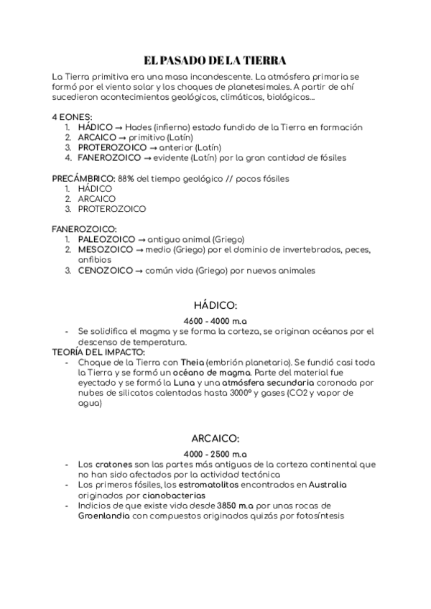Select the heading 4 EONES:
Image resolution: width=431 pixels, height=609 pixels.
point(72,117)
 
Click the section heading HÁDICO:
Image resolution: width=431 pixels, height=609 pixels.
point(215,304)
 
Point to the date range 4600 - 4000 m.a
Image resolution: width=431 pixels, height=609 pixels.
point(215,320)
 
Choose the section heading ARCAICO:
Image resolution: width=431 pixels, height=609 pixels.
point(215,437)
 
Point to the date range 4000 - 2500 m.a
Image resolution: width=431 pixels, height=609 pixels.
point(215,454)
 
